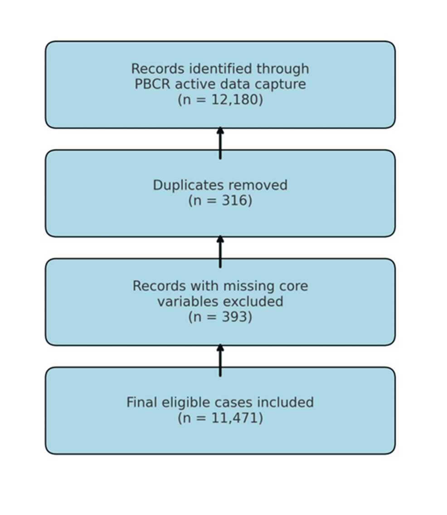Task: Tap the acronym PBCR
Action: (x=153, y=84)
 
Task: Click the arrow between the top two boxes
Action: (x=220, y=143)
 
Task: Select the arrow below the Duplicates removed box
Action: (x=220, y=252)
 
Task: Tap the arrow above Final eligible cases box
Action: (x=220, y=360)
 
